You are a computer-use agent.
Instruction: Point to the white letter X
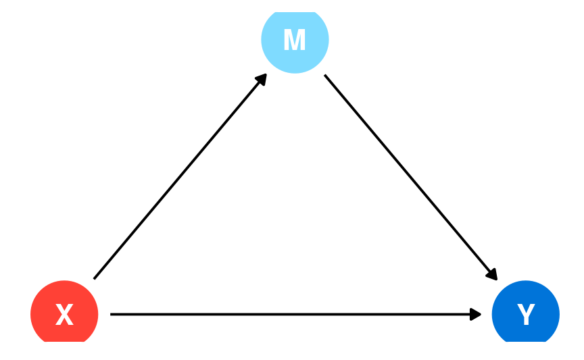click(64, 315)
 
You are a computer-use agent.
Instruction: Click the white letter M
click(295, 39)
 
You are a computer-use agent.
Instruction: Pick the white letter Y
click(526, 315)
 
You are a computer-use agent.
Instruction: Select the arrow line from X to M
click(180, 176)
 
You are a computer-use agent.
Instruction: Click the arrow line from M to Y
click(411, 177)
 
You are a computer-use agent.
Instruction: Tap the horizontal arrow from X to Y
click(296, 315)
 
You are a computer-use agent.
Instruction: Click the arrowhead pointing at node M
click(262, 79)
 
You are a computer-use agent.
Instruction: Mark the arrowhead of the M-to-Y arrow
click(492, 275)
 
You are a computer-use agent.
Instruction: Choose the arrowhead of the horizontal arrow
click(475, 315)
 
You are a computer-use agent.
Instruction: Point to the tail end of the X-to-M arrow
click(94, 278)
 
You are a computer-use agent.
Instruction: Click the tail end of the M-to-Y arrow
click(324, 75)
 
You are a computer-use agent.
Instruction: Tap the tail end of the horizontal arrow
click(111, 315)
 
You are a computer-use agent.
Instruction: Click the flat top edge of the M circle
click(295, 12)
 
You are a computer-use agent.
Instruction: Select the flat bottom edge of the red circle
click(64, 341)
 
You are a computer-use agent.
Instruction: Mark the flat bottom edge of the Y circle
click(525, 341)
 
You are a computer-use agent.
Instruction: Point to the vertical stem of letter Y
click(527, 320)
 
